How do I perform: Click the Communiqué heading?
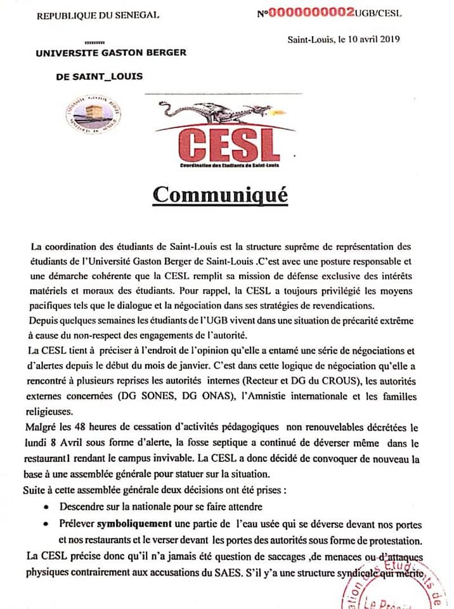(x=220, y=195)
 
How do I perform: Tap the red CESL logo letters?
(x=225, y=145)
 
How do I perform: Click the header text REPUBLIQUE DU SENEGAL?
(x=98, y=15)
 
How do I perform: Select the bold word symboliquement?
(x=135, y=525)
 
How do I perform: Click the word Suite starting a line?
(x=39, y=490)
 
